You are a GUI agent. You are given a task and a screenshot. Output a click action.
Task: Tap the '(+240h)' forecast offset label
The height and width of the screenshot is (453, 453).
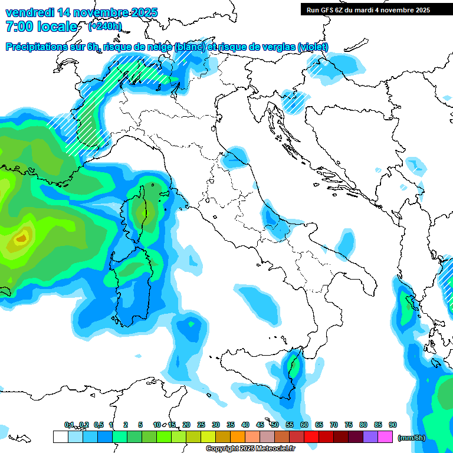[x=105, y=26]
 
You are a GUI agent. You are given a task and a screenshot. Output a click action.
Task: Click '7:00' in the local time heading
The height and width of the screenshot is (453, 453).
[x=19, y=27]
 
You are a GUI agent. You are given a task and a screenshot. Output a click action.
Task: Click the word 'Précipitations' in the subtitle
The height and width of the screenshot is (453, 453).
[x=37, y=47]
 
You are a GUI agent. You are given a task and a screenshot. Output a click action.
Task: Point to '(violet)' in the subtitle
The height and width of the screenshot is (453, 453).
[x=313, y=47]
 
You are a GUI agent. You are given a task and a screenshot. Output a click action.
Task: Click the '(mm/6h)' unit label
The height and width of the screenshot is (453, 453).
[x=411, y=438]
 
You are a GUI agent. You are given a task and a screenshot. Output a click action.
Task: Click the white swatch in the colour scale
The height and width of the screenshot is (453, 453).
[x=60, y=437]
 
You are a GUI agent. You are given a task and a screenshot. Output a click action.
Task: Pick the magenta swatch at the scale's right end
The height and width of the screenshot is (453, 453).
[x=385, y=437]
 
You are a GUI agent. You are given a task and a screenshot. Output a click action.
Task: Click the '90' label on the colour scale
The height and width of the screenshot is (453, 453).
[x=393, y=425]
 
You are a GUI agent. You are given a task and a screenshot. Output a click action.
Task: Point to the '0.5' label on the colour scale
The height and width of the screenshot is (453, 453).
[x=99, y=425]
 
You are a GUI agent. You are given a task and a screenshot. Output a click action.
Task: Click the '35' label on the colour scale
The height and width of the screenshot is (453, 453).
[x=231, y=425]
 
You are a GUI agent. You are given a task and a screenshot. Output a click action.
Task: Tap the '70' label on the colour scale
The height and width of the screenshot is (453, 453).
[x=334, y=425]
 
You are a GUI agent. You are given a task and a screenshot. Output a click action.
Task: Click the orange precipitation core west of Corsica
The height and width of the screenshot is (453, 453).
[x=21, y=238]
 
